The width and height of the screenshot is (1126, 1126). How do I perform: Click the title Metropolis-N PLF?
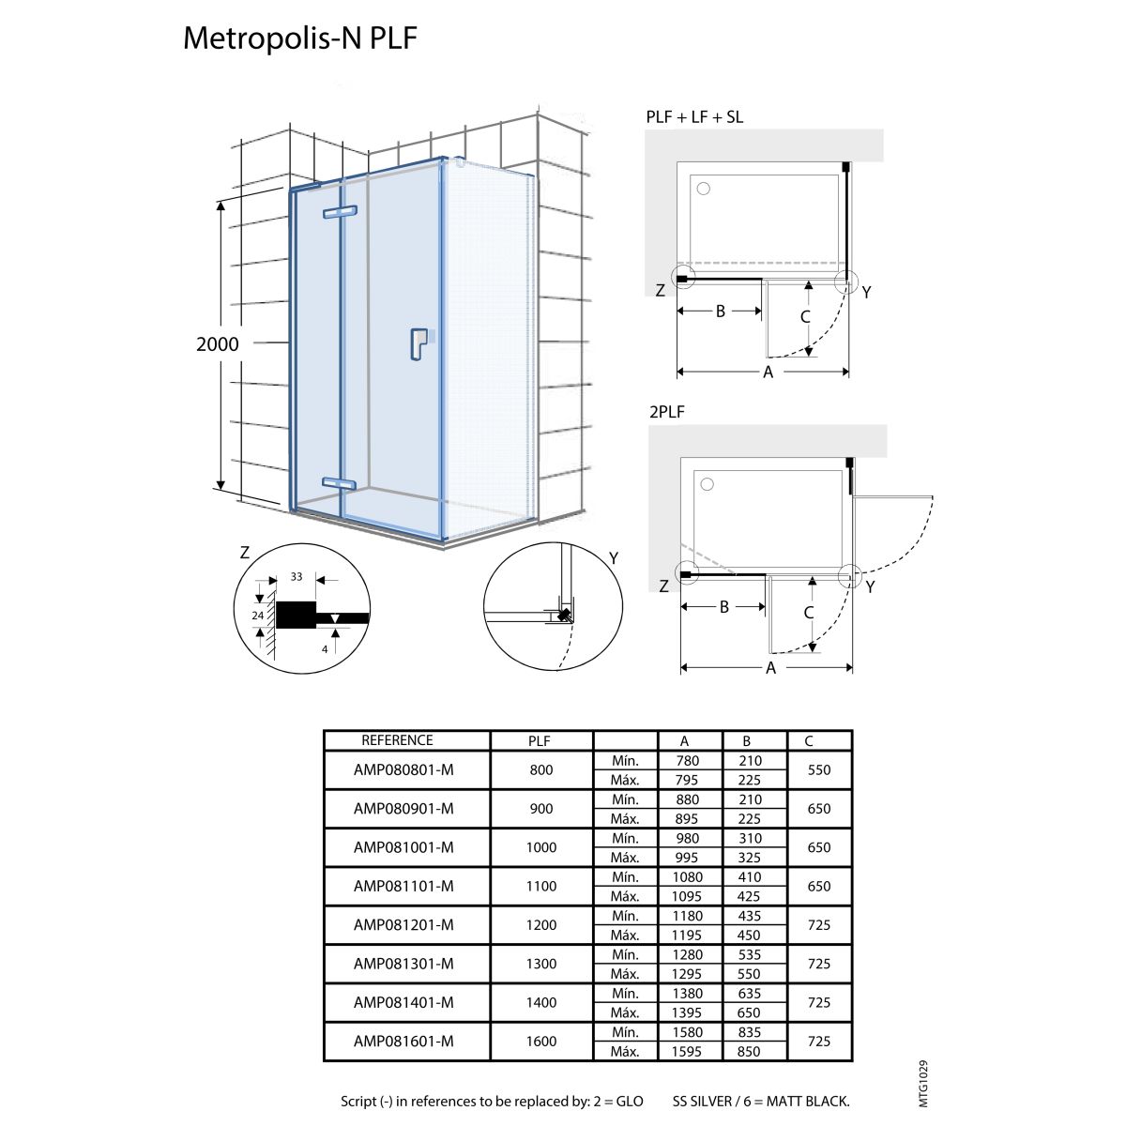click(x=299, y=38)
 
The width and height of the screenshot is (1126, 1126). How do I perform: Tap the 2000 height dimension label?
click(x=218, y=344)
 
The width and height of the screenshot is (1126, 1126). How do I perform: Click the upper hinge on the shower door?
click(x=340, y=211)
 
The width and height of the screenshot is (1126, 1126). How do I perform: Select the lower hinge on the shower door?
click(x=339, y=483)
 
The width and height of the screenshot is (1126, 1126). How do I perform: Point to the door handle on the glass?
click(x=418, y=344)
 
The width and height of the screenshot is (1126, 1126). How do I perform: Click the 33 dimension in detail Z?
click(x=297, y=577)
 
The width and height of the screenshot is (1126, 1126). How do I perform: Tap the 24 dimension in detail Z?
click(x=258, y=616)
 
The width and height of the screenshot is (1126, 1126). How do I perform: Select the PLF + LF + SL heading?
click(x=694, y=117)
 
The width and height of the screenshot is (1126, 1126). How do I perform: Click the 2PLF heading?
click(x=667, y=412)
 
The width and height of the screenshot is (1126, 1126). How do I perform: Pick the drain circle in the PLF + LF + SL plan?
click(x=704, y=189)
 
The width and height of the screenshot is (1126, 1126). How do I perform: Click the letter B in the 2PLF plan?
click(x=724, y=607)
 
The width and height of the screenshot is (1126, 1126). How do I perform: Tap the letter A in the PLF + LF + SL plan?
click(x=768, y=372)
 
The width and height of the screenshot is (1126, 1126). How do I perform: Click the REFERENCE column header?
click(x=397, y=740)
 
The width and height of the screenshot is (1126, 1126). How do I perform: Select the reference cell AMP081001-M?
click(x=403, y=847)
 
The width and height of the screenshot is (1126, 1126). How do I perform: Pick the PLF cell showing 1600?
click(x=541, y=1042)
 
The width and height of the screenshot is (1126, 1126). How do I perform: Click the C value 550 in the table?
click(x=819, y=769)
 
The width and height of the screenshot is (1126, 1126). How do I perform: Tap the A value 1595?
click(x=687, y=1051)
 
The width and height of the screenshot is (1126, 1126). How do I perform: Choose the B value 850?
click(x=749, y=1051)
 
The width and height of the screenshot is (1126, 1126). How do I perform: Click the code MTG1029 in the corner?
click(x=923, y=1084)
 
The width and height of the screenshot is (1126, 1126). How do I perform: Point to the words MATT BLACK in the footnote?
click(x=808, y=1102)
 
